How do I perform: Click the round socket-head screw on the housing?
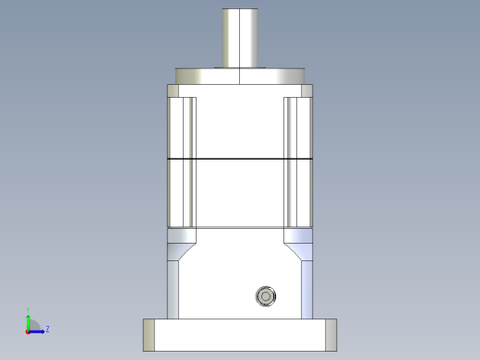point(266,296)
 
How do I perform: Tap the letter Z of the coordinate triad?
point(47,329)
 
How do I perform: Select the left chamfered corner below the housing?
point(180,249)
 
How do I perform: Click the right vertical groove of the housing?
point(293,162)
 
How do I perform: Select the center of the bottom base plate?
point(240,334)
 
